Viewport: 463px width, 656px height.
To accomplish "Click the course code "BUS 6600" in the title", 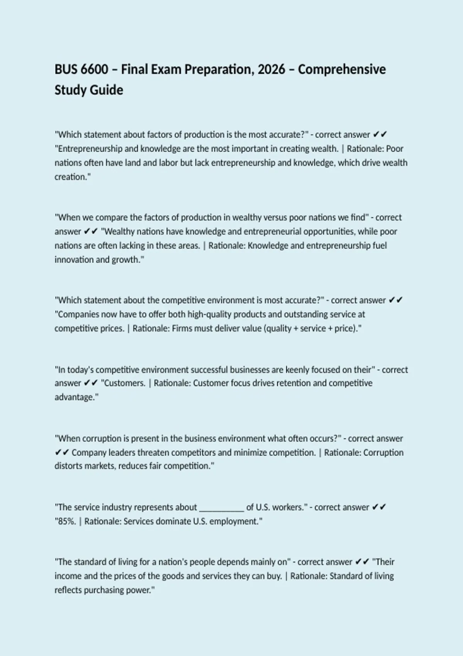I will [81, 69].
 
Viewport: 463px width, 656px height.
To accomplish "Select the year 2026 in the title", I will [272, 69].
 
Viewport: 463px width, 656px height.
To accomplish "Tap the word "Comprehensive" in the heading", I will [342, 69].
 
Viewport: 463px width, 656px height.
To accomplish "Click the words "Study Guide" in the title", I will [89, 90].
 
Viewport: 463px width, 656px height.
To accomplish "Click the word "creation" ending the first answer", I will [71, 177].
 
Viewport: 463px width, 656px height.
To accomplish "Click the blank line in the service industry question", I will [221, 507].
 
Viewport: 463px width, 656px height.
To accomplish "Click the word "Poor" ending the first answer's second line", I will [394, 149].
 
